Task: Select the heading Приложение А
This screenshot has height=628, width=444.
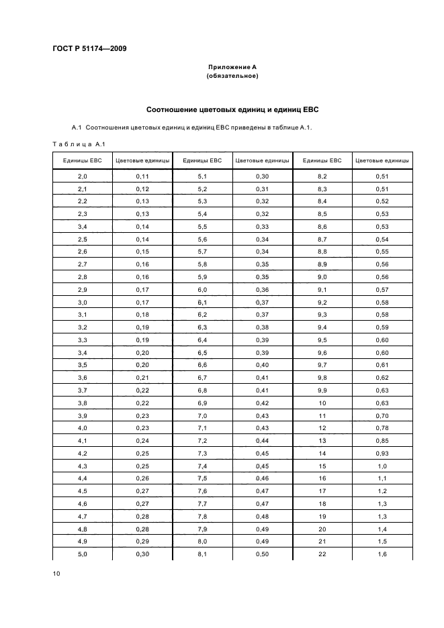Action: (232, 67)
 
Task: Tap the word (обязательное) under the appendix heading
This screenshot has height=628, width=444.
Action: (232, 76)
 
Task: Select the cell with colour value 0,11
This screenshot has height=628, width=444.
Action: (142, 176)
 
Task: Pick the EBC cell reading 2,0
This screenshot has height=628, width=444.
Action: (83, 176)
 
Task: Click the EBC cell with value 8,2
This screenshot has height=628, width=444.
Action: (322, 176)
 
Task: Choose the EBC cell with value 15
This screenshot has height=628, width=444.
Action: (322, 466)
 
